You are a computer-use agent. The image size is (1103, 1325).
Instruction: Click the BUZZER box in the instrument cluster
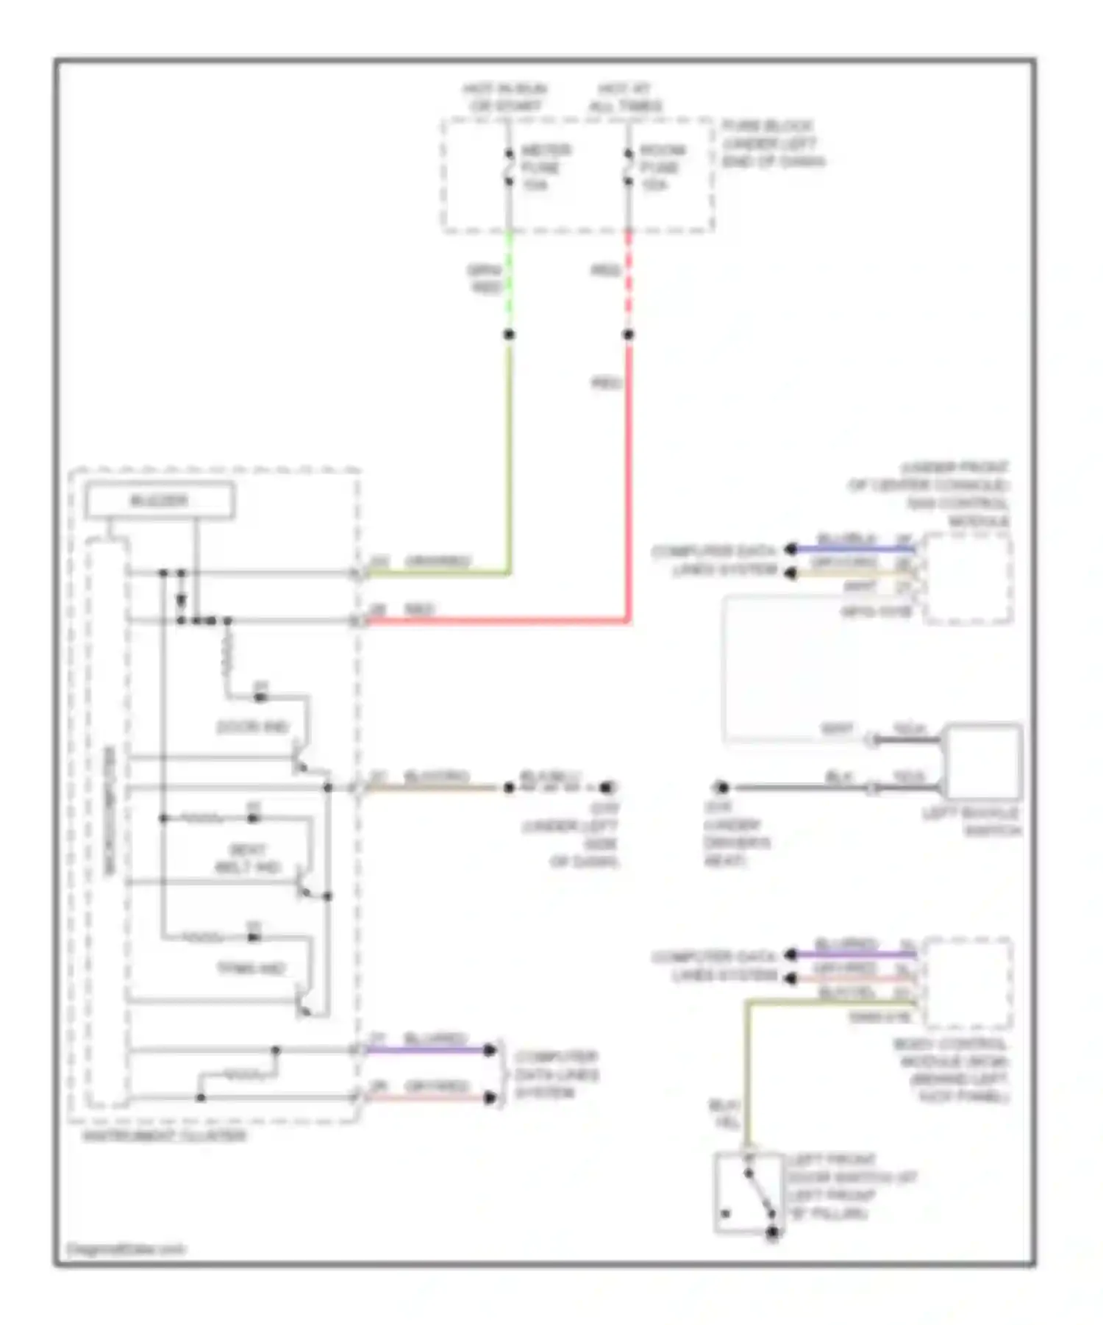click(x=160, y=501)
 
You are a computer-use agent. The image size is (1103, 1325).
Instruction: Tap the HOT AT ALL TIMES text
click(x=624, y=97)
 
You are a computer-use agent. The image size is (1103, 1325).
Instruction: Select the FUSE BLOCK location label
click(x=772, y=143)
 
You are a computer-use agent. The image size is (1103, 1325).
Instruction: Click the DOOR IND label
click(x=252, y=727)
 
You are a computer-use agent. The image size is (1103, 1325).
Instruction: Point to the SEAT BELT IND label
click(x=248, y=858)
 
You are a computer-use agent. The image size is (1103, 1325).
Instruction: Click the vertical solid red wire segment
click(x=629, y=478)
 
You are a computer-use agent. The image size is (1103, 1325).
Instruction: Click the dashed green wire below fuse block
click(x=509, y=283)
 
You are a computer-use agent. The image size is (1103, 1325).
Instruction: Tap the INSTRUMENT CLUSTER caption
click(x=164, y=1136)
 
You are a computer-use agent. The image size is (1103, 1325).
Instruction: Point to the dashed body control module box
click(x=968, y=984)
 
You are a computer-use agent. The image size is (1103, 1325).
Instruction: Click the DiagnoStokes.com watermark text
click(x=126, y=1249)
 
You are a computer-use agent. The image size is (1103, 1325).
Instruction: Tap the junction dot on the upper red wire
click(x=629, y=335)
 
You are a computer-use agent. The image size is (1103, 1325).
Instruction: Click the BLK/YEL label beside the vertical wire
click(x=724, y=1115)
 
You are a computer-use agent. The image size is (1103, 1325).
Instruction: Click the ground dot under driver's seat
click(x=722, y=787)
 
